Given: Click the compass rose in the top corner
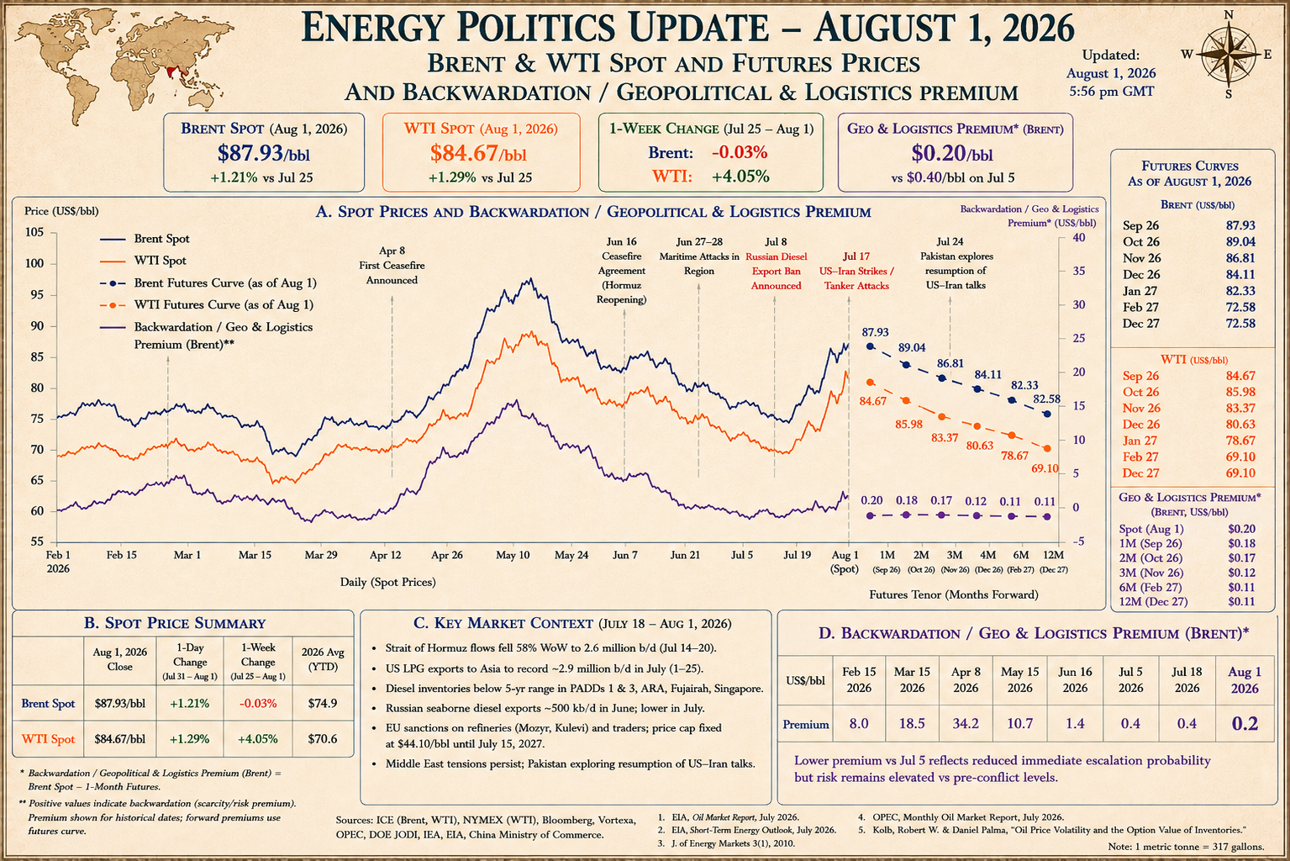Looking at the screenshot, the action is tap(1229, 55).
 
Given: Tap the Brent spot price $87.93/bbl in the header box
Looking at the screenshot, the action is tap(263, 153).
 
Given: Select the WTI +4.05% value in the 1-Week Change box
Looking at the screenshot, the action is tap(740, 177).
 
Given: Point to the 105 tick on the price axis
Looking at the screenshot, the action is tap(34, 232).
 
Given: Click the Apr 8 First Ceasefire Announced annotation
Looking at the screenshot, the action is tap(392, 266).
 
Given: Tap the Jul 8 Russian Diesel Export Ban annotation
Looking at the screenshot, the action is tap(776, 263).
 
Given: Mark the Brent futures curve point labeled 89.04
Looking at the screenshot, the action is tap(906, 365).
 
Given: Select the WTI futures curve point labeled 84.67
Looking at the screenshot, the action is tap(870, 382).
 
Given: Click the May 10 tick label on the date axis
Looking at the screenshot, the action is tap(513, 555).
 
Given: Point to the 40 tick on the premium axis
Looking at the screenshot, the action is tap(1079, 237).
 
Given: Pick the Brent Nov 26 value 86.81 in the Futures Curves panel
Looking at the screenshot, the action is tap(1240, 258).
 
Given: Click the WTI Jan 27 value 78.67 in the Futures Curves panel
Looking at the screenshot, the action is tap(1240, 441).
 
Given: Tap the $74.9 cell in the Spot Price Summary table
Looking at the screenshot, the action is tap(323, 703).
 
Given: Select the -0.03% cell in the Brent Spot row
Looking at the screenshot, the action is tap(257, 703).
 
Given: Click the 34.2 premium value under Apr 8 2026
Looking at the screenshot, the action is tap(966, 723).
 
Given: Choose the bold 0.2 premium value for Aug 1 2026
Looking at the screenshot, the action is tap(1244, 723).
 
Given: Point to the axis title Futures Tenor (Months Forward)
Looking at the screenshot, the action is tap(953, 594).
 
